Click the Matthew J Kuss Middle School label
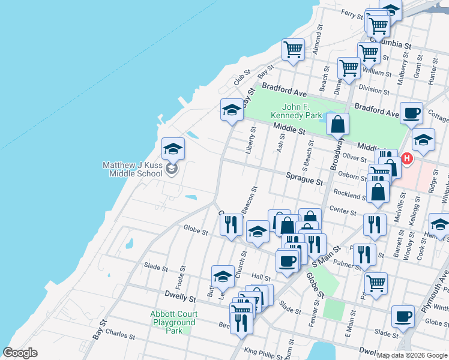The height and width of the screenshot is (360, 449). point(132,169)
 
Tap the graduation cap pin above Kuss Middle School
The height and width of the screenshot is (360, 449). point(173,148)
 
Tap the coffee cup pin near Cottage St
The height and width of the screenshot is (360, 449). point(412,113)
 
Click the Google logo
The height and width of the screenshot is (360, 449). point(20,353)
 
